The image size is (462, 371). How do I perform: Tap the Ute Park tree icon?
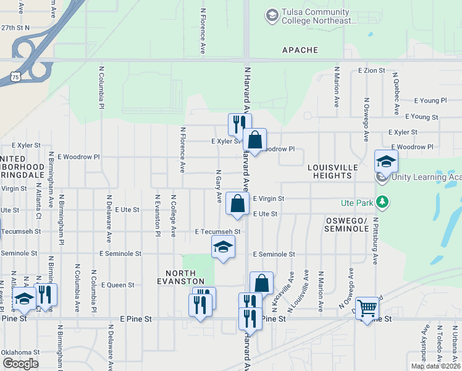383,202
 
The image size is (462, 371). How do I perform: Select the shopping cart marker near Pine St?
367,307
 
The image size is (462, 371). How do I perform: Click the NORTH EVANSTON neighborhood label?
180,273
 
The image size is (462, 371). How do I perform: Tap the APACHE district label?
300,50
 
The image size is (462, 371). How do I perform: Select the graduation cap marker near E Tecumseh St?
223,247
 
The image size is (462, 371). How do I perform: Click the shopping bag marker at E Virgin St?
238,203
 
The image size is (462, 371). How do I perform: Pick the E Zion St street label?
372,71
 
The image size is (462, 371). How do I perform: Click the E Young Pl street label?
430,100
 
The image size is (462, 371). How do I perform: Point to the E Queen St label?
118,285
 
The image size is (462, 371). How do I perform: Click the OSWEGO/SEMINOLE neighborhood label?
346,224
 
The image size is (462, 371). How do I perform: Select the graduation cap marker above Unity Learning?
386,161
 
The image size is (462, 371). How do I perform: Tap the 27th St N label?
15,28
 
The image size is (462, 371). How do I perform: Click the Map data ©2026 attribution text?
435,366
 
